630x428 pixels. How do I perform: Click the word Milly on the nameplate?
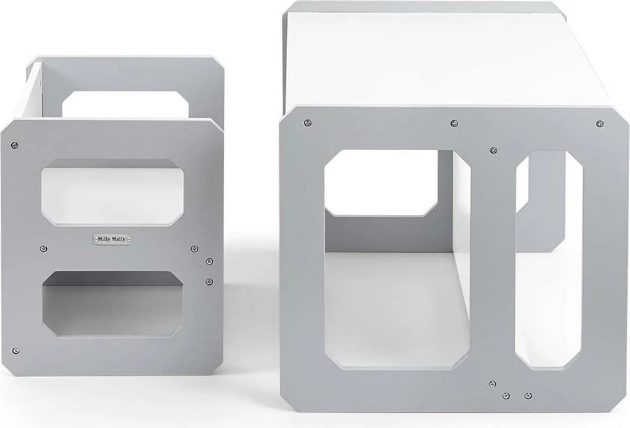103,239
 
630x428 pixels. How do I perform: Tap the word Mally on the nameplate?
119,239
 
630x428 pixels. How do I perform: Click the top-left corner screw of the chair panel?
15,145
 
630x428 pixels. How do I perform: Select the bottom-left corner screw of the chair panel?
16,351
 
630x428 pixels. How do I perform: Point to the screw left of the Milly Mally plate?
44,249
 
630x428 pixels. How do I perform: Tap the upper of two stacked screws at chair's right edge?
210,262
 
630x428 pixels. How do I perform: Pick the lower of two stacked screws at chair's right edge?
210,281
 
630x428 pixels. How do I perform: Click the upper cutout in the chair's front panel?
113,192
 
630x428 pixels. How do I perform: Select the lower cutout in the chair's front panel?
113,304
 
